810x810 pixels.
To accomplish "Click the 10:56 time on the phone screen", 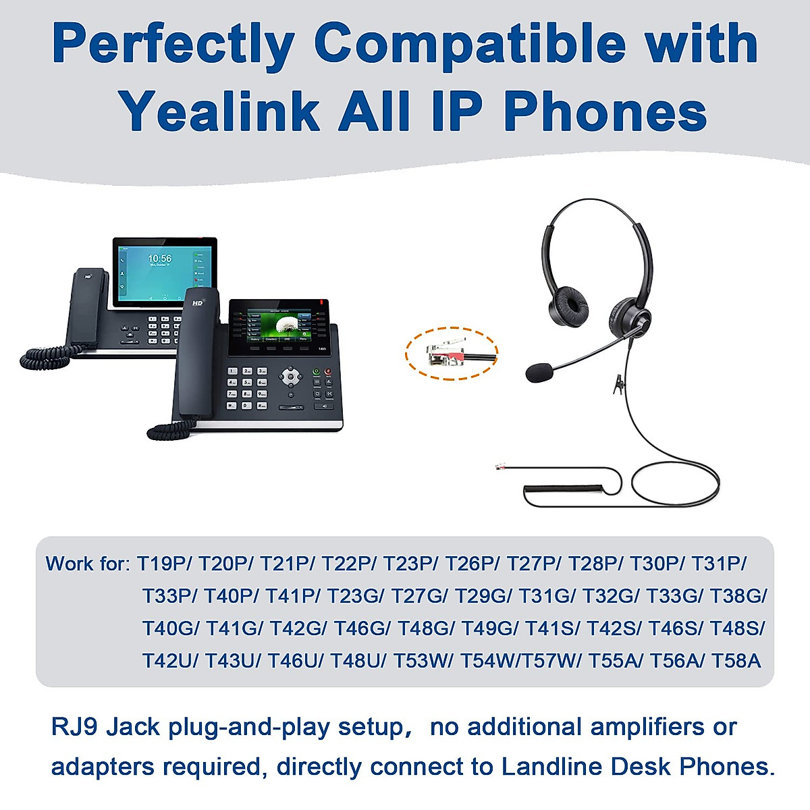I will (x=160, y=259).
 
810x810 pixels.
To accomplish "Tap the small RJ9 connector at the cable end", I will (x=501, y=466).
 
